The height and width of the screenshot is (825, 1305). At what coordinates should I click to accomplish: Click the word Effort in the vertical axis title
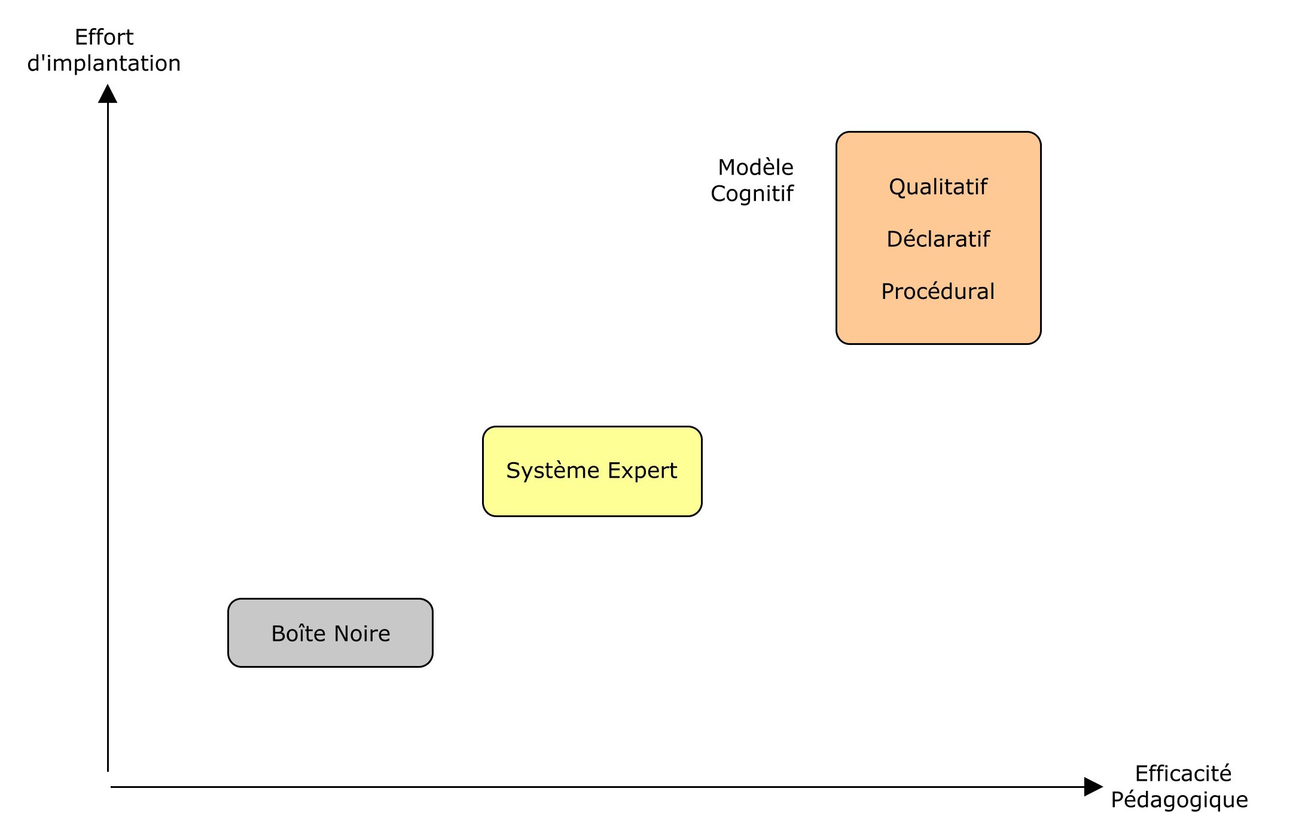[x=104, y=37]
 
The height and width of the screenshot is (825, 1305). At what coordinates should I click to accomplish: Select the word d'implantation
[x=104, y=63]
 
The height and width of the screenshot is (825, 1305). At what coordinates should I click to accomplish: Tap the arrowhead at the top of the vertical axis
[x=108, y=93]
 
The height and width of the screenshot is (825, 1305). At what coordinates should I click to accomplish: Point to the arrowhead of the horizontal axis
[x=1093, y=787]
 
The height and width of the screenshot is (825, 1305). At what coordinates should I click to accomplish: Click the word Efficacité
[x=1183, y=774]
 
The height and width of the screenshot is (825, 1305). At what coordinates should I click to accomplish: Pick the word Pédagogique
[x=1179, y=800]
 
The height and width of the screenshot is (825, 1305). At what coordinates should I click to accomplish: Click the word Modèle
[x=755, y=167]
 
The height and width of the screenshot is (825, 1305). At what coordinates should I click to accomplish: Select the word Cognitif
[x=752, y=194]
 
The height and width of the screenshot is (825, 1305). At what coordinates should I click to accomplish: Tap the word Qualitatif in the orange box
[x=938, y=187]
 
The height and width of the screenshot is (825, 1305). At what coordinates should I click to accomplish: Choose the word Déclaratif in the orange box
[x=938, y=239]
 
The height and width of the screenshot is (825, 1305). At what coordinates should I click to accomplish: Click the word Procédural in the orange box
[x=938, y=291]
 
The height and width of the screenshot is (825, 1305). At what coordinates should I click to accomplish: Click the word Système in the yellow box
[x=553, y=471]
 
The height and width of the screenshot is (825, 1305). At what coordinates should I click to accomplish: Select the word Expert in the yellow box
[x=642, y=471]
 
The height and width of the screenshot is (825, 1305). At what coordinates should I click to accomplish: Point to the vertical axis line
[x=108, y=436]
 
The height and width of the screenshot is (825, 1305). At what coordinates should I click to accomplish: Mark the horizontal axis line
[x=597, y=787]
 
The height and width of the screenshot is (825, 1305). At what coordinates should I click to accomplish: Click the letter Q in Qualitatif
[x=897, y=187]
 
